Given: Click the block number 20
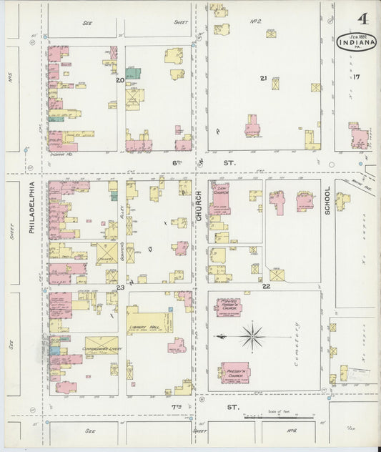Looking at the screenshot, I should pyautogui.click(x=121, y=80).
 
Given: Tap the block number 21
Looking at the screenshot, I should pyautogui.click(x=264, y=78).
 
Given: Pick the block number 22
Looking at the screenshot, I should pyautogui.click(x=266, y=286).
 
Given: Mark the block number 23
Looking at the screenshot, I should pyautogui.click(x=121, y=288).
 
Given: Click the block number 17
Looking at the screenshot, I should pyautogui.click(x=356, y=77).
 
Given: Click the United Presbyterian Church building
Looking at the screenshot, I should pyautogui.click(x=229, y=307).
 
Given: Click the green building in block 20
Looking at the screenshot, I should pyautogui.click(x=133, y=73).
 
